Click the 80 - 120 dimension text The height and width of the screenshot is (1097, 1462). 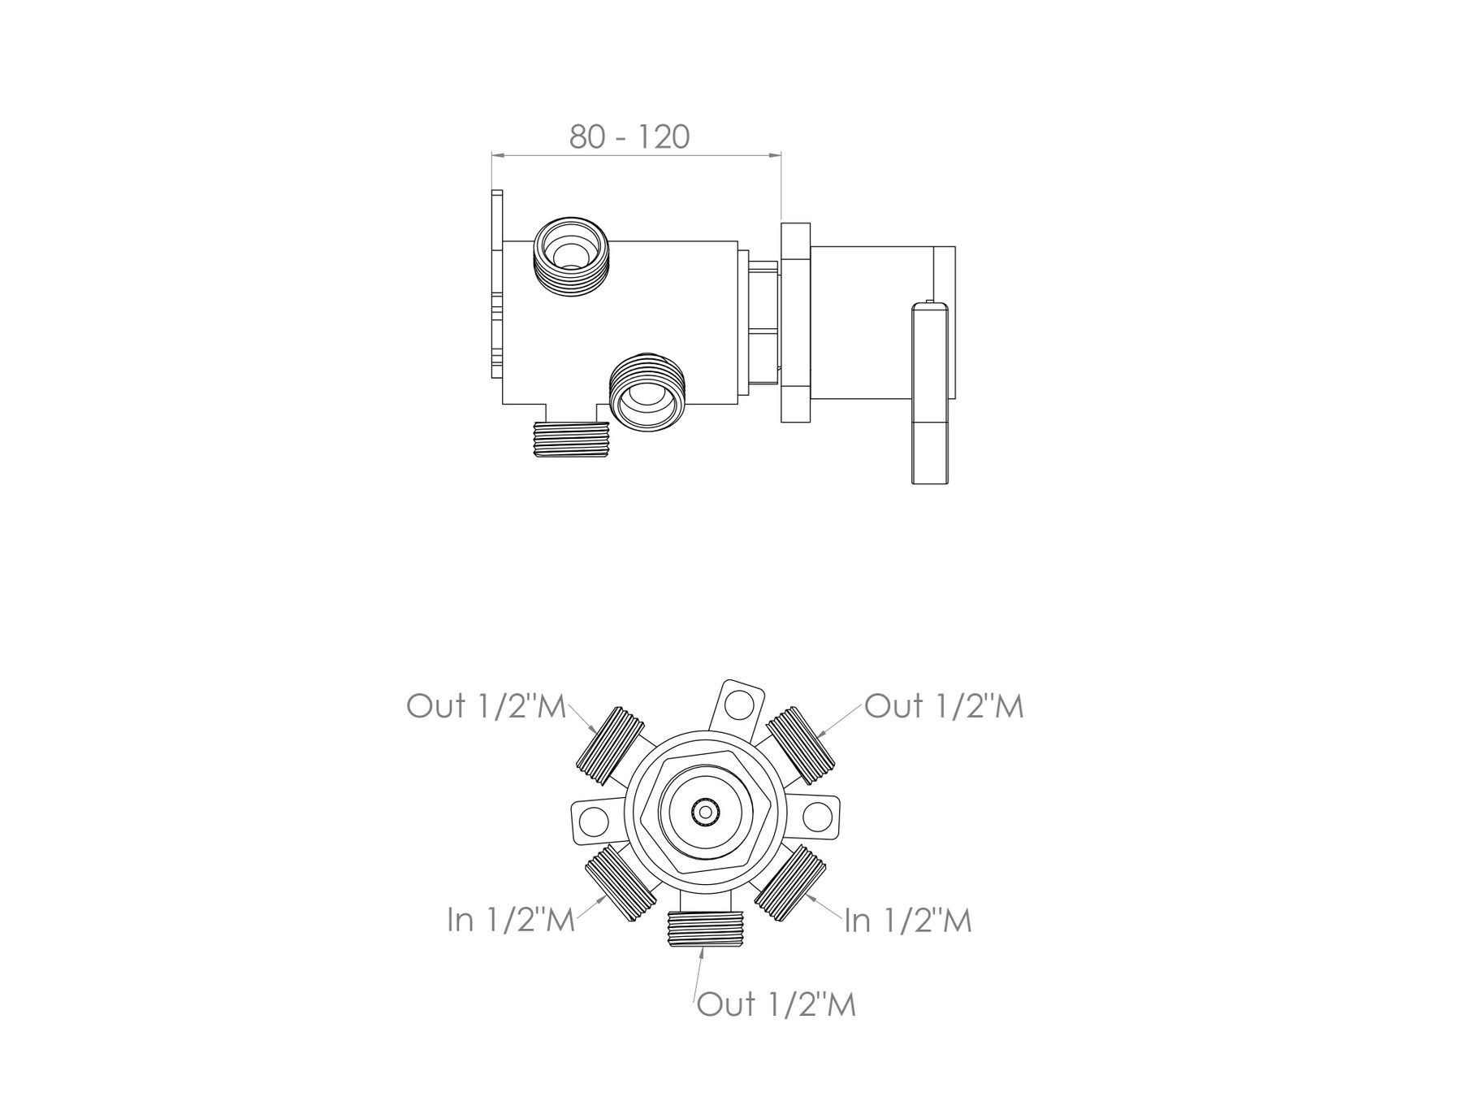(x=629, y=137)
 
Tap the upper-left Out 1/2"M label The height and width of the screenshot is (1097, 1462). (x=486, y=706)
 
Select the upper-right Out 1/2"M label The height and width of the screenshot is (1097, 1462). (x=944, y=706)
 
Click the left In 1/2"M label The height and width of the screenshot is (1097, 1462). (x=512, y=920)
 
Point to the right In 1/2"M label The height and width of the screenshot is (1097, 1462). (x=908, y=921)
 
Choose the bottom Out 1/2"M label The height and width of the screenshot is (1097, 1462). (x=776, y=1004)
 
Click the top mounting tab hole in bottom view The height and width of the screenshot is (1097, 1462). (x=737, y=704)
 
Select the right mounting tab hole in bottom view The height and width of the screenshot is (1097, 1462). (x=818, y=817)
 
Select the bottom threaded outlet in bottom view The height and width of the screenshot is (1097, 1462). (x=705, y=929)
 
